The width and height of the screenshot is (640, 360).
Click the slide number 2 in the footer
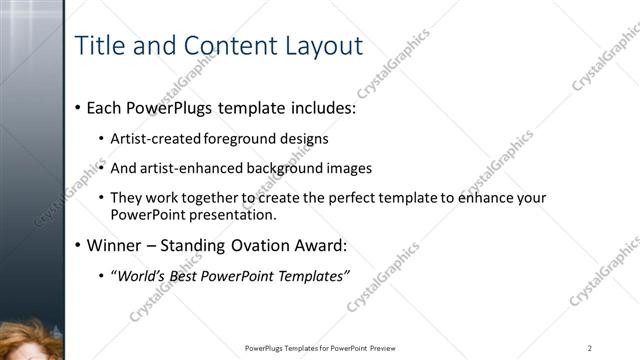(590, 348)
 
